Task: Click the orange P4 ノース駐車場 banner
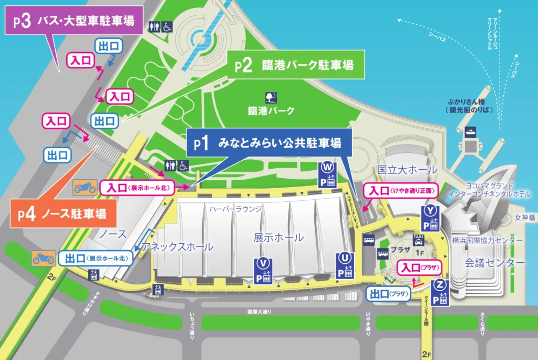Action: pyautogui.click(x=64, y=213)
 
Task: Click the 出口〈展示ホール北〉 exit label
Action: pyautogui.click(x=95, y=258)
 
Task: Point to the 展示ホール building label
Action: pyautogui.click(x=278, y=237)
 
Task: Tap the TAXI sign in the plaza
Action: pyautogui.click(x=418, y=239)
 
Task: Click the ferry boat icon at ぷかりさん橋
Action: pyautogui.click(x=469, y=133)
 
